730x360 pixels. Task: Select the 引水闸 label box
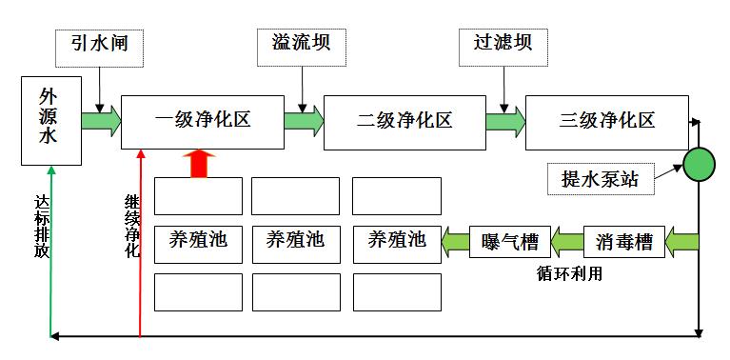[99, 46]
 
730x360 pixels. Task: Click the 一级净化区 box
[202, 121]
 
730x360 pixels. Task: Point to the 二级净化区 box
[404, 122]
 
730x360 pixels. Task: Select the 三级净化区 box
[606, 122]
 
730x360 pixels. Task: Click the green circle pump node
[700, 164]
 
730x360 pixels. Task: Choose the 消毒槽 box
[623, 241]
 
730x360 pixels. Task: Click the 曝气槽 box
[511, 242]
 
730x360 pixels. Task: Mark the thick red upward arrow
[199, 163]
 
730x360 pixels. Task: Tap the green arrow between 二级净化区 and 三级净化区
[504, 122]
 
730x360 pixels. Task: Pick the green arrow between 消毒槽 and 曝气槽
[567, 242]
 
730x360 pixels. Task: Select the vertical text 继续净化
[131, 227]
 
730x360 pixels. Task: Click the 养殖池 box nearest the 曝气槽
[396, 240]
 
